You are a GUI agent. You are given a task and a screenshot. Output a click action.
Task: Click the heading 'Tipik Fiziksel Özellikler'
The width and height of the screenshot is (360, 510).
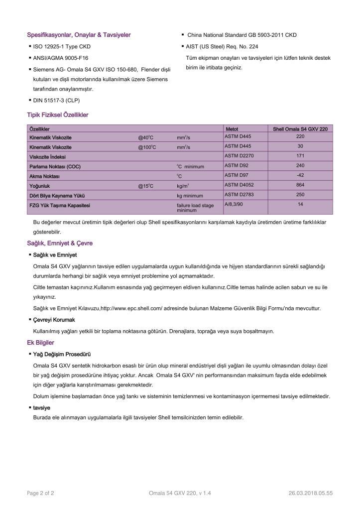click(x=58, y=115)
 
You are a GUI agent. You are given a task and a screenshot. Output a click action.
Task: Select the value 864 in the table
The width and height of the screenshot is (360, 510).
click(x=300, y=185)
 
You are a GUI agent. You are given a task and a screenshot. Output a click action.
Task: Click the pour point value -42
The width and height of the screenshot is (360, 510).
click(x=300, y=175)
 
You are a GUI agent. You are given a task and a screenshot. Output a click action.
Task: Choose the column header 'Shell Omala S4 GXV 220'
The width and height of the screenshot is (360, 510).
click(x=300, y=129)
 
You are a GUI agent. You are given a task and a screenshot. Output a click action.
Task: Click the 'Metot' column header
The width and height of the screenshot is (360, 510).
click(x=232, y=129)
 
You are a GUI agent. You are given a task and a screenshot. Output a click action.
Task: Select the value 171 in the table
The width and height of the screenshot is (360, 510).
click(x=300, y=156)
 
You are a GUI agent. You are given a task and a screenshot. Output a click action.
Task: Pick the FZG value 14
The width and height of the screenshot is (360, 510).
click(x=300, y=204)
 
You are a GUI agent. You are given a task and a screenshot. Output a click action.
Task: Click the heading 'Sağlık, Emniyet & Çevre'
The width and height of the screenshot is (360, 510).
click(x=60, y=244)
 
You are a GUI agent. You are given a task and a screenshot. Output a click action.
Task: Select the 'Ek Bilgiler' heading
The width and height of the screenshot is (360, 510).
click(x=40, y=343)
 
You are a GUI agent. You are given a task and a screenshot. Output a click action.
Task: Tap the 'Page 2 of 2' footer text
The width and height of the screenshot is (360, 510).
click(x=40, y=493)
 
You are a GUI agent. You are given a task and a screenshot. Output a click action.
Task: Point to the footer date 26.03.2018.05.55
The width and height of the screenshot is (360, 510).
click(x=310, y=493)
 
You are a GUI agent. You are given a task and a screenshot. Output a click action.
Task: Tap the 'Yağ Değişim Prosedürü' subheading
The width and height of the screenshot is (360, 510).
click(x=62, y=354)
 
